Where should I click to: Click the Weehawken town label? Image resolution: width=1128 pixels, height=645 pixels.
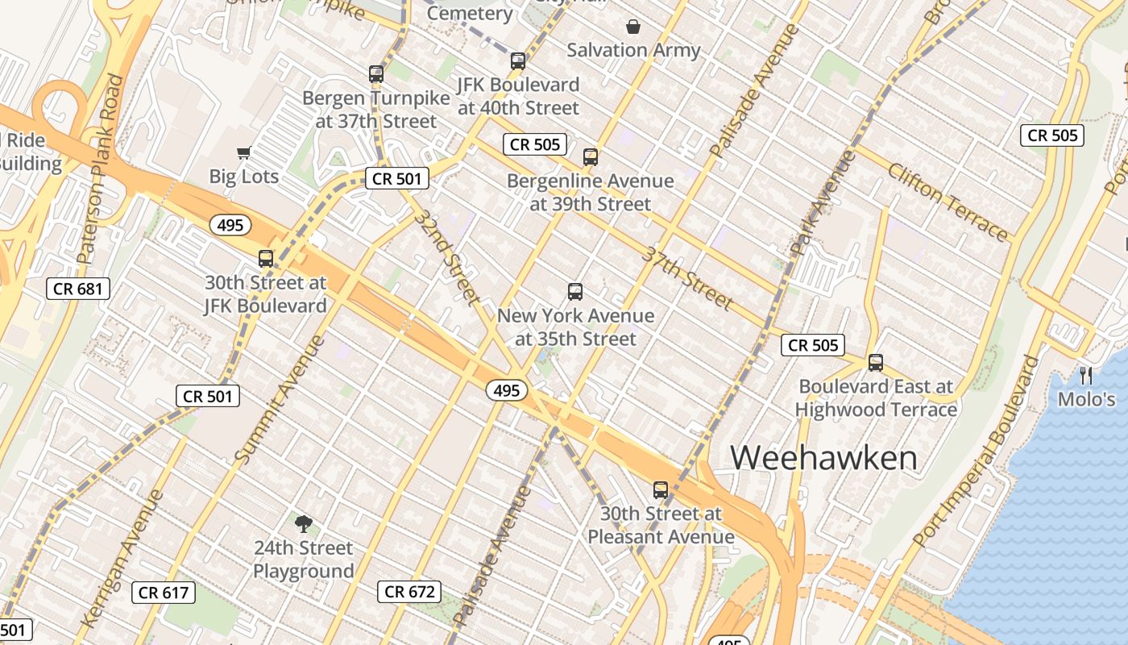pos(823,458)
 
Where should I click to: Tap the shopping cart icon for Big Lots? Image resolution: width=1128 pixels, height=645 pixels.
pos(244,152)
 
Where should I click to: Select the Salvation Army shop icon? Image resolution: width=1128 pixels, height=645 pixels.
pos(633,27)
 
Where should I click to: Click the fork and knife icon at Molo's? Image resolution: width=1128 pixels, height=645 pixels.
pos(1086,375)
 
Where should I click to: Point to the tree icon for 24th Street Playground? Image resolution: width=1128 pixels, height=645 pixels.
pos(303,524)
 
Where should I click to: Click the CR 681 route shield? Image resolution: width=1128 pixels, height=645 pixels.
pos(78,288)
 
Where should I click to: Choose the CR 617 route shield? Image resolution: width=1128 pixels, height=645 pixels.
pos(164,593)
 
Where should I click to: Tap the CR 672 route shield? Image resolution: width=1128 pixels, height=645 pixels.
pos(409,592)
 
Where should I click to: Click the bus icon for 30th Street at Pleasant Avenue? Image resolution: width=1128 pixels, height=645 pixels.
pos(661,489)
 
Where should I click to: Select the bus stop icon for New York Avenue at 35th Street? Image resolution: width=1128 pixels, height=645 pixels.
pos(575,292)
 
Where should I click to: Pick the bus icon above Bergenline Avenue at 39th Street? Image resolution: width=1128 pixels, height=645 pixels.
pos(591,157)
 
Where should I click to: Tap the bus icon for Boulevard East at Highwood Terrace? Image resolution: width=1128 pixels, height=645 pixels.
pos(876,363)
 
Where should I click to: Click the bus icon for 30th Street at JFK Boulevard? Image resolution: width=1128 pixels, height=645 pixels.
pos(266,259)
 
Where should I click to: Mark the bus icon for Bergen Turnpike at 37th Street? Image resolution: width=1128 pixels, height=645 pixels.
pos(376,74)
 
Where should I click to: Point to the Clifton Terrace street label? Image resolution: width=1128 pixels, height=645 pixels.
pos(948,202)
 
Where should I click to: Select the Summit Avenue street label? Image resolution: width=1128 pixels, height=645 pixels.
pos(280,399)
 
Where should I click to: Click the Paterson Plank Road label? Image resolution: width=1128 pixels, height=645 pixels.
pos(100,169)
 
